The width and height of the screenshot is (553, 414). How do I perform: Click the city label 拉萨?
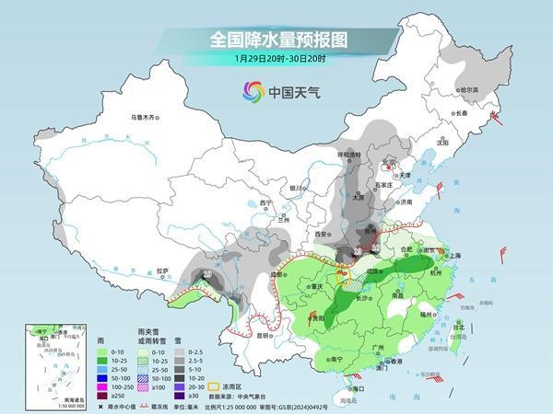point(163,270)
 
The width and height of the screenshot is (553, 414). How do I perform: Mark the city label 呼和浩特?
point(350,155)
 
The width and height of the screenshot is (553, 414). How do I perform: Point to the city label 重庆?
point(322,286)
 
